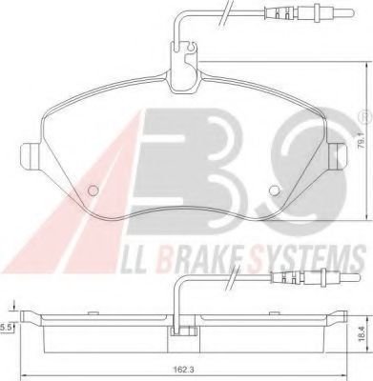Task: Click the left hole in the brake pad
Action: (x=93, y=190)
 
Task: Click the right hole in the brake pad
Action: (x=274, y=190)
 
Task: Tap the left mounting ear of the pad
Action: (x=31, y=155)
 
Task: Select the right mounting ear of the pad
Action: (x=337, y=155)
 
